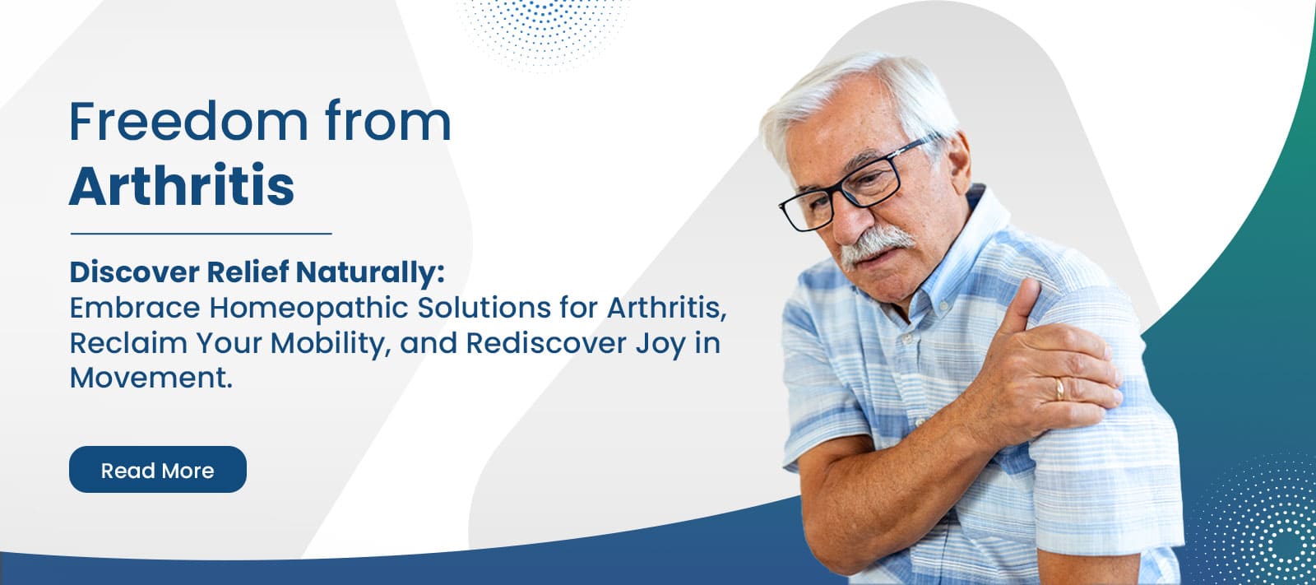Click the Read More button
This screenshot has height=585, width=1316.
pyautogui.click(x=157, y=470)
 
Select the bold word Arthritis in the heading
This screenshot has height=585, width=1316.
pyautogui.click(x=182, y=186)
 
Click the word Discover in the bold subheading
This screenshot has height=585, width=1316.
pyautogui.click(x=134, y=272)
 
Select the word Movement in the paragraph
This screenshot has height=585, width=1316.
pyautogui.click(x=151, y=378)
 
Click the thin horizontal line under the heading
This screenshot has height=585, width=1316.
pyautogui.click(x=201, y=234)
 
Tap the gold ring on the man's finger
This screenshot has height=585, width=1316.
pyautogui.click(x=1059, y=388)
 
